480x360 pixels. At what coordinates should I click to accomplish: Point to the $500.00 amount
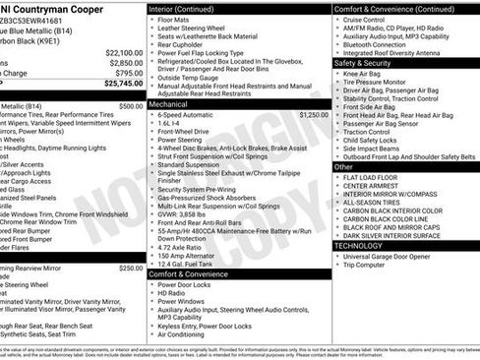pos(130,105)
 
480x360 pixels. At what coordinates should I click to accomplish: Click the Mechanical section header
pos(168,102)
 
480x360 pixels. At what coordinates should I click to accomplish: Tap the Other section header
pos(343,166)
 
